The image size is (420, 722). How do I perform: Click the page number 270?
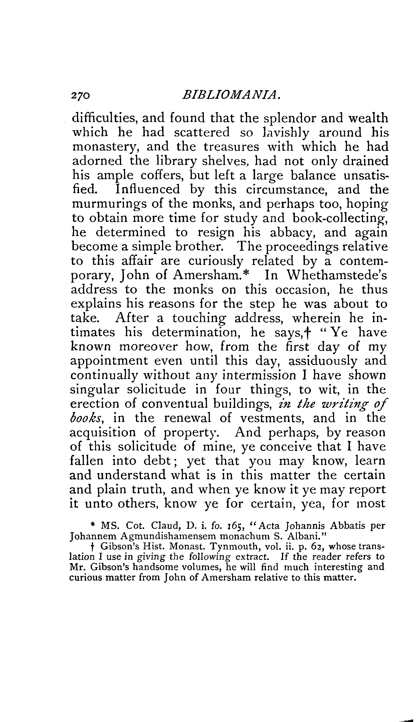coord(81,95)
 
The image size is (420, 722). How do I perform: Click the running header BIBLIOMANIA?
coord(231,95)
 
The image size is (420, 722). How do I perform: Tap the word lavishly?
coord(287,133)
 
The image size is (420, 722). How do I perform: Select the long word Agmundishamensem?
coord(160,536)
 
